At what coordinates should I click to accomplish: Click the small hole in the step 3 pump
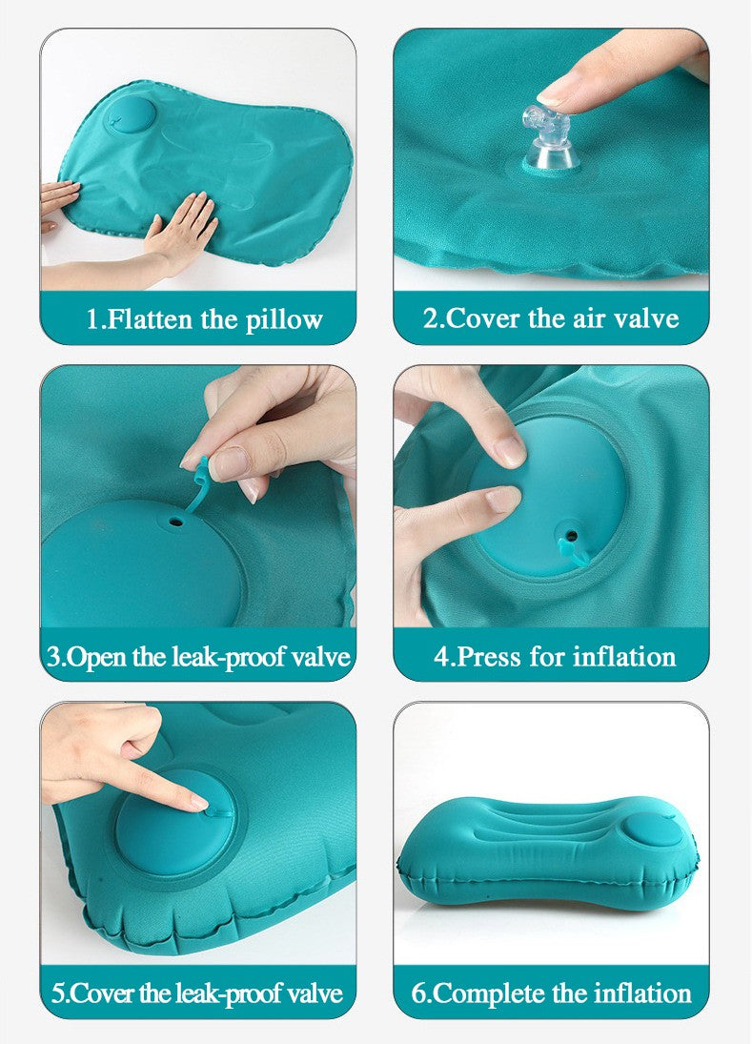pos(175,522)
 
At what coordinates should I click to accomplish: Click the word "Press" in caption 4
pos(489,657)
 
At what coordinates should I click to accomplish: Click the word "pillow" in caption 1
pos(284,320)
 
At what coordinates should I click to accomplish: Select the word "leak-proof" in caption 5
pos(228,994)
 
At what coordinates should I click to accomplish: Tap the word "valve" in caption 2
pos(645,319)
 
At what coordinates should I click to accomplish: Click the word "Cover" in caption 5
pos(103,994)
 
